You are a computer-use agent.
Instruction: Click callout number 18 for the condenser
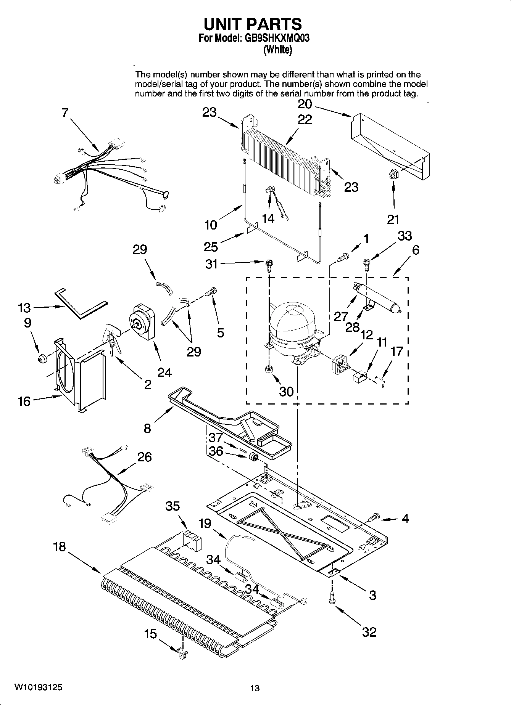click(60, 546)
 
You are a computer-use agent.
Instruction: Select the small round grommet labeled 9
click(42, 358)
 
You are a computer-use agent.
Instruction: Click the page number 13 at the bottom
click(255, 688)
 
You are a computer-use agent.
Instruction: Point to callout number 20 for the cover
click(305, 104)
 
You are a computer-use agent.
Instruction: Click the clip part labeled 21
click(393, 175)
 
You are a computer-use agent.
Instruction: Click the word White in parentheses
click(278, 50)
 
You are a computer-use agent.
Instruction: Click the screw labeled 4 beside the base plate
click(374, 517)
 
